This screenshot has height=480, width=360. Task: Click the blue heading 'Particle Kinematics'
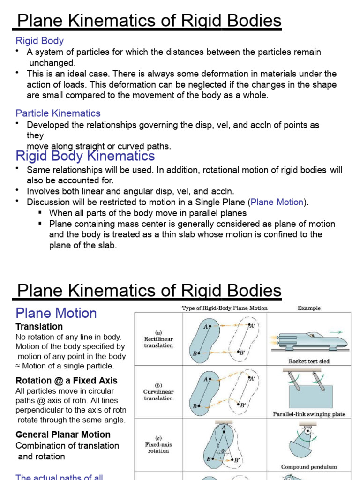[x=58, y=113]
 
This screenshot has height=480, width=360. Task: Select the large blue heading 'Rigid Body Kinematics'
[x=85, y=156]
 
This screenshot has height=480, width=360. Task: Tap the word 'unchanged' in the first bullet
[x=52, y=63]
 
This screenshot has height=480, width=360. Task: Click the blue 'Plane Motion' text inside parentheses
[x=277, y=202]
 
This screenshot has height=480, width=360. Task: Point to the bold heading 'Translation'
[x=39, y=326]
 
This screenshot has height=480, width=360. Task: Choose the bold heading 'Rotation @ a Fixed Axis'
[x=66, y=381]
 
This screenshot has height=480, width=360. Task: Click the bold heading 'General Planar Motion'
[x=63, y=435]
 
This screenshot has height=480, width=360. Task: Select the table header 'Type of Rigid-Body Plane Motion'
[x=225, y=308]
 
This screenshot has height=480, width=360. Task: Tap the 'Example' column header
[x=309, y=308]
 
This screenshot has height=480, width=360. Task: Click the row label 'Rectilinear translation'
[x=158, y=342]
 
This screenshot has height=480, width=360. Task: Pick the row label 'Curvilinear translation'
[x=158, y=394]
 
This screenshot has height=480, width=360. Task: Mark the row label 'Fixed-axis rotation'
[x=158, y=447]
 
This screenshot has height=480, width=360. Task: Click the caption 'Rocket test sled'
[x=309, y=361]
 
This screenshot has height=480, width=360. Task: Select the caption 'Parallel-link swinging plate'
[x=309, y=414]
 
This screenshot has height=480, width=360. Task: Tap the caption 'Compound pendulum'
[x=309, y=467]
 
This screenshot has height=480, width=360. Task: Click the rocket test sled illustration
[x=310, y=341]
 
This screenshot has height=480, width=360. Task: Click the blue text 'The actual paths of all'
[x=59, y=477]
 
